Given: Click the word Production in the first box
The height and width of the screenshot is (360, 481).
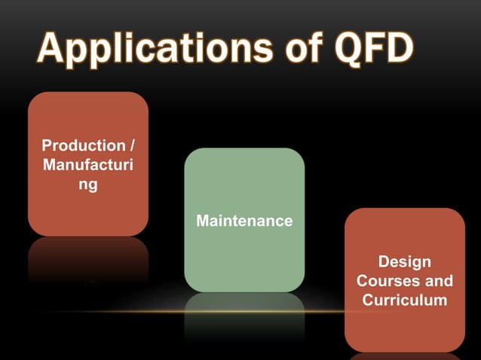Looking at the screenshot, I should (82, 145).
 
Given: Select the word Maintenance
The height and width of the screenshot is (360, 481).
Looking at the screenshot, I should (244, 221).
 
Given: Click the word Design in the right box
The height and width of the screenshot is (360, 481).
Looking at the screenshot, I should (405, 262).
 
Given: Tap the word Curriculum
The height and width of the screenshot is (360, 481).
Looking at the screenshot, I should (405, 300).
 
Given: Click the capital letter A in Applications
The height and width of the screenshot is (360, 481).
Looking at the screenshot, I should (53, 50).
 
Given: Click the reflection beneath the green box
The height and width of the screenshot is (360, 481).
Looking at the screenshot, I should (244, 316).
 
